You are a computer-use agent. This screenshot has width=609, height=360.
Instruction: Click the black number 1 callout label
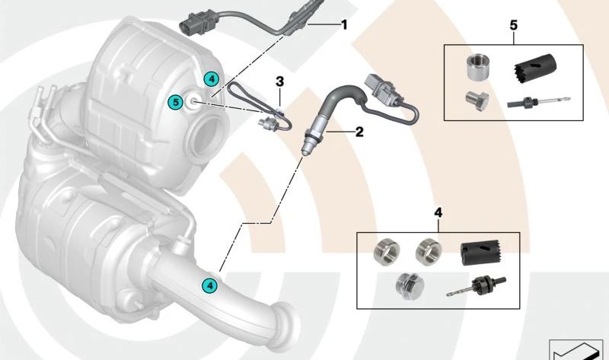(x=344, y=25)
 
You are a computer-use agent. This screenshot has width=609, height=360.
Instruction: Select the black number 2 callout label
(x=359, y=131)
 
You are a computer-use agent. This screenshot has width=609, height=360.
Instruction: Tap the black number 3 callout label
(x=280, y=81)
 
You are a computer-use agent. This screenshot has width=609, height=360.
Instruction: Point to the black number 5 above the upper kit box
(x=513, y=26)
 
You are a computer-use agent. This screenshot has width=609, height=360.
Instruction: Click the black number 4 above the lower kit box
(x=438, y=213)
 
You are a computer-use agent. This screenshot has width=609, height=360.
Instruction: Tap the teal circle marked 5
(x=176, y=100)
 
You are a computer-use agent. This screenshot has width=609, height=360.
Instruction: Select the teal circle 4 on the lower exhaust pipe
(x=208, y=285)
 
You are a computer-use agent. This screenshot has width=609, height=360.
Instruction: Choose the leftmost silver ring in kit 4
(x=384, y=251)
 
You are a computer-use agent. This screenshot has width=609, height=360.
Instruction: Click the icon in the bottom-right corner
(x=576, y=348)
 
